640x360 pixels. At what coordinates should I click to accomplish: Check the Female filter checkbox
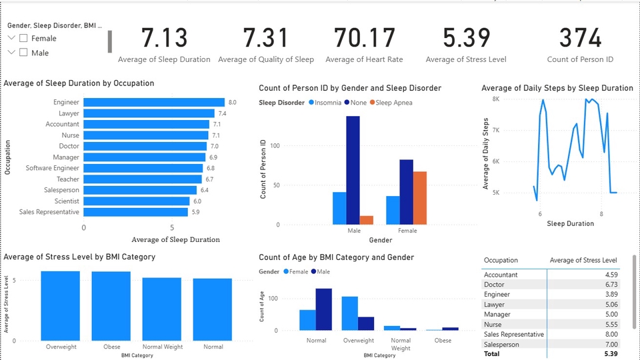(x=24, y=39)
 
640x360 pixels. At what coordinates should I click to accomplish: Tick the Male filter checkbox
(x=24, y=53)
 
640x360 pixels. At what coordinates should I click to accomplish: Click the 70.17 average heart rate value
(x=365, y=37)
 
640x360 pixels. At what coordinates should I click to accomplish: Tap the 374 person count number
(x=580, y=37)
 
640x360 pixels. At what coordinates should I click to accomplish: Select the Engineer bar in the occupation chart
(x=154, y=102)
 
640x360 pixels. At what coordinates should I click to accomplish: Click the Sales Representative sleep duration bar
(x=135, y=212)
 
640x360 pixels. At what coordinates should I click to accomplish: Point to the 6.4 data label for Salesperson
(x=205, y=190)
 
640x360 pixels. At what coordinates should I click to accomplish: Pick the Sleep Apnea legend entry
(x=391, y=103)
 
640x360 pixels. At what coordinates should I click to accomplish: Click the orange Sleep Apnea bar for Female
(x=420, y=198)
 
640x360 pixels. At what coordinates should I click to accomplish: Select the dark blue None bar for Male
(x=353, y=170)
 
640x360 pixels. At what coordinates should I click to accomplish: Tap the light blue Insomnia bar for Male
(x=339, y=208)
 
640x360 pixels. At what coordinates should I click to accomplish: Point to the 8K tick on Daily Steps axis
(x=496, y=99)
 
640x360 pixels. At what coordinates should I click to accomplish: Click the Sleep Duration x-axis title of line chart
(x=570, y=224)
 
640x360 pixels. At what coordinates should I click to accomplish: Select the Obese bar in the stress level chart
(x=111, y=306)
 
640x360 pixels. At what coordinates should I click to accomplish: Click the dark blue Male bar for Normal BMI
(x=324, y=309)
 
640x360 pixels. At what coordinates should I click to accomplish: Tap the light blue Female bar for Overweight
(x=350, y=313)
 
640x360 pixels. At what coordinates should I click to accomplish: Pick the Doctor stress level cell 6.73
(x=611, y=285)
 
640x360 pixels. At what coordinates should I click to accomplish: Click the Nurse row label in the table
(x=493, y=325)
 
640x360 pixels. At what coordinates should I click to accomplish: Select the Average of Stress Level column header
(x=583, y=261)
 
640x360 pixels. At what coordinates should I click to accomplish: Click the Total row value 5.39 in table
(x=611, y=354)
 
